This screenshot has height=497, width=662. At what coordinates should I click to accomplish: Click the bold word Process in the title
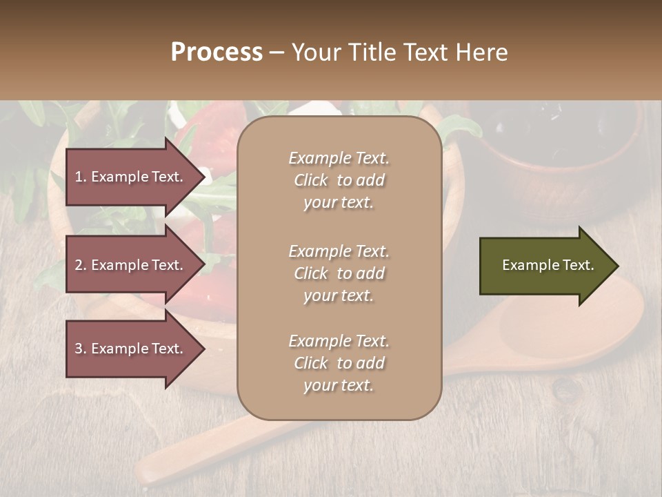(x=217, y=52)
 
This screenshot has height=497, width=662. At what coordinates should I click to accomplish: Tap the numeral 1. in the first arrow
(x=80, y=177)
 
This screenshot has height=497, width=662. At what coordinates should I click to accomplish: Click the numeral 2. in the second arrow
(x=80, y=265)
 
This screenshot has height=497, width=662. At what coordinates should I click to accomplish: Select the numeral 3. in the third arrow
(x=80, y=349)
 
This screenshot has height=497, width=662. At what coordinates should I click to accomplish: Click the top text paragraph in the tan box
(x=339, y=180)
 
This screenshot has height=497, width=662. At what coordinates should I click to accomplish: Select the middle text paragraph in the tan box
(x=339, y=273)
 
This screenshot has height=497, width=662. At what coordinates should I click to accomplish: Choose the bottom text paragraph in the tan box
(x=339, y=363)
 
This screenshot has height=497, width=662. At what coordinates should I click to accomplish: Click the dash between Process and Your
(x=277, y=53)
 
